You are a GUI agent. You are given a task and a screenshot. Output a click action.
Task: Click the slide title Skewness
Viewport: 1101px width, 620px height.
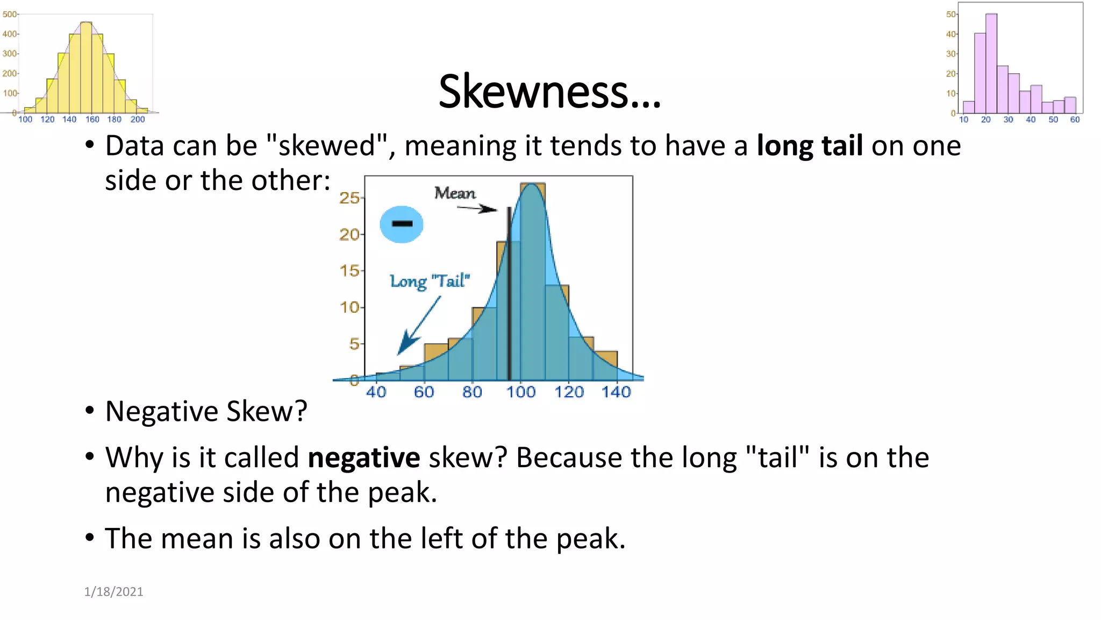[x=549, y=91]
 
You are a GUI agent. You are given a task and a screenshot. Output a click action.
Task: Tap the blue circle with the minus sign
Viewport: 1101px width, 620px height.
[x=402, y=224]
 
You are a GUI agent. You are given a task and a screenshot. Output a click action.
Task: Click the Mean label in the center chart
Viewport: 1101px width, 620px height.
[x=455, y=193]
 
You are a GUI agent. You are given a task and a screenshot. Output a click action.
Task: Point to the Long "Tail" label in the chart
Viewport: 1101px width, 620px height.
[x=430, y=281]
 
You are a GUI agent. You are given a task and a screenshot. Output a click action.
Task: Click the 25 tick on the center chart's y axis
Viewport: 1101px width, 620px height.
[x=349, y=198]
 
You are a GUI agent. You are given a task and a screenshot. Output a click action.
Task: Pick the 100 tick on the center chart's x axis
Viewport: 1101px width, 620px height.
[x=520, y=392]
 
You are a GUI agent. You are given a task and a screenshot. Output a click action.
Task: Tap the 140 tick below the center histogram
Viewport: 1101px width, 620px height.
[x=616, y=392]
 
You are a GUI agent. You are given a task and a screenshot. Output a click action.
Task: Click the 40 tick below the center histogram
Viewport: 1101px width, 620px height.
[x=376, y=392]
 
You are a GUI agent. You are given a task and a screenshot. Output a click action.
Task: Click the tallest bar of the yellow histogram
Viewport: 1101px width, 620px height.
[x=86, y=67]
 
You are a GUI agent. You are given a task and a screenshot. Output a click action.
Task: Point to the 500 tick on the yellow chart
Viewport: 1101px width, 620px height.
[x=10, y=14]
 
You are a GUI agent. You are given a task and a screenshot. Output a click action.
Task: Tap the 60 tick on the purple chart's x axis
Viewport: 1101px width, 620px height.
[x=1075, y=119]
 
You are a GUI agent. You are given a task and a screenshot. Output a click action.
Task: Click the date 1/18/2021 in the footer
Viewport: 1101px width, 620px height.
[x=113, y=591]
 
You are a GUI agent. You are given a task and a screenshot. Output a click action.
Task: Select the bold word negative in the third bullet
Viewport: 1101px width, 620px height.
[x=363, y=458]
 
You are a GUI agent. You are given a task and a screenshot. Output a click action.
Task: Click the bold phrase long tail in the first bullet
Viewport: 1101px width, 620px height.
[x=810, y=146]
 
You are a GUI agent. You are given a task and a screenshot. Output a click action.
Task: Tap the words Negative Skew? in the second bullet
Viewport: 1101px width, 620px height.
[x=206, y=412]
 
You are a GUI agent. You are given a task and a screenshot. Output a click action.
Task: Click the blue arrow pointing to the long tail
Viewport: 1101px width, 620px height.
[x=417, y=327]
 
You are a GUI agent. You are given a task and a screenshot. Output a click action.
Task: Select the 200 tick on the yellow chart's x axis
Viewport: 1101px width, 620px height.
[x=138, y=119]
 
